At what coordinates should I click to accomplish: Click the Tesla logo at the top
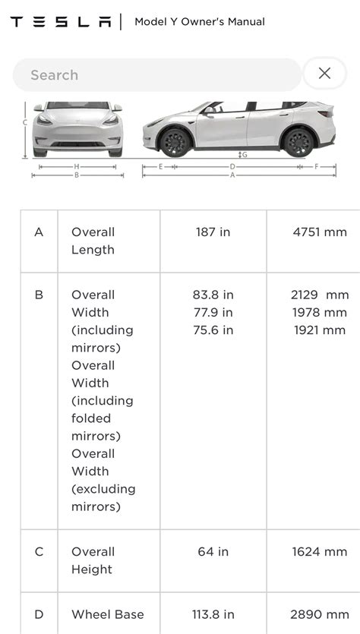60,22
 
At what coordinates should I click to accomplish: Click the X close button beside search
324,74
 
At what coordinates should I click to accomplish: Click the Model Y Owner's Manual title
200,22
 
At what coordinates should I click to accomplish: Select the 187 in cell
213,232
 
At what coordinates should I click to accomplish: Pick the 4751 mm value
320,232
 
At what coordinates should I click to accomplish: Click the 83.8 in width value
213,295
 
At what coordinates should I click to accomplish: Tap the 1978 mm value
320,312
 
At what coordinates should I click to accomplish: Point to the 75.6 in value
213,330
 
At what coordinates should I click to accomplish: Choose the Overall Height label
93,560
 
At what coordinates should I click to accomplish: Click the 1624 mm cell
320,552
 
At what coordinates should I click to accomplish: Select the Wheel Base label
107,614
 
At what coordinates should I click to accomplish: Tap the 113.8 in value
213,614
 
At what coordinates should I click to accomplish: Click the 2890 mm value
320,614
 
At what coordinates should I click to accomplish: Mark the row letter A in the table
39,232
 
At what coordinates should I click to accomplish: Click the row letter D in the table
39,614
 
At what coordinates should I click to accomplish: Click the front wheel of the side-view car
175,143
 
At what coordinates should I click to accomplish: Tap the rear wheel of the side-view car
298,143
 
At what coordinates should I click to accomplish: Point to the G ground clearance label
245,155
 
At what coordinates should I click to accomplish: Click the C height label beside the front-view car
25,122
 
